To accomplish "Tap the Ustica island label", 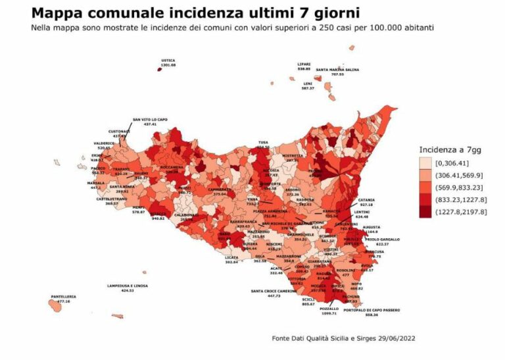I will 168,61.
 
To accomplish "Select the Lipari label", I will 304,65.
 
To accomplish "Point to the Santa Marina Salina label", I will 337,70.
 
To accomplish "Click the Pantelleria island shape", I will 58,304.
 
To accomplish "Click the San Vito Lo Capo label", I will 150,120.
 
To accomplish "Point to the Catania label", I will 366,200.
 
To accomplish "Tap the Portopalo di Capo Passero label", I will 372,311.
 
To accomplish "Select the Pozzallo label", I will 329,309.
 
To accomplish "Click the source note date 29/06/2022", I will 394,338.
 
